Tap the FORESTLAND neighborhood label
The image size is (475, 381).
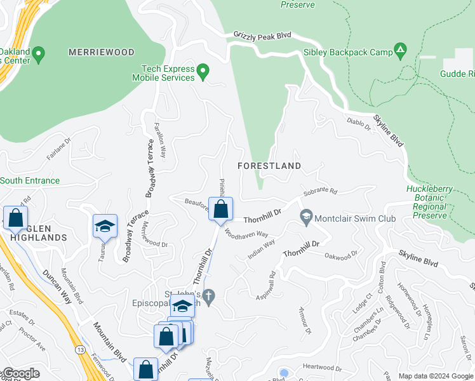[269, 166]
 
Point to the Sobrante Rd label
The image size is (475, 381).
[320, 190]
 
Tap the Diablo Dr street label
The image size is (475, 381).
[358, 123]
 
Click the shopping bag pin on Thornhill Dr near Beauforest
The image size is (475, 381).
[220, 210]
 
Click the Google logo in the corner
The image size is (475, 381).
[21, 373]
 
